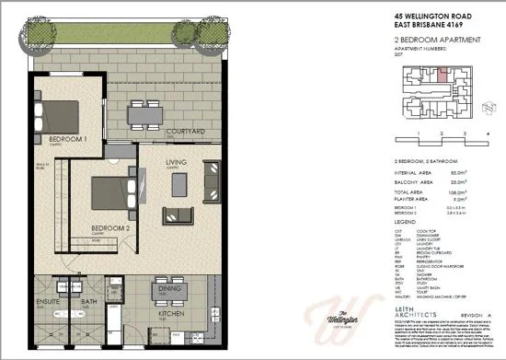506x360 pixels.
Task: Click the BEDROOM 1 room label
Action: pos(67,139)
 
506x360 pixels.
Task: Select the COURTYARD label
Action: pos(184,132)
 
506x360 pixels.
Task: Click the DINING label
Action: pos(169,287)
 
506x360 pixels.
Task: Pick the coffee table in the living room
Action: pos(177,215)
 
